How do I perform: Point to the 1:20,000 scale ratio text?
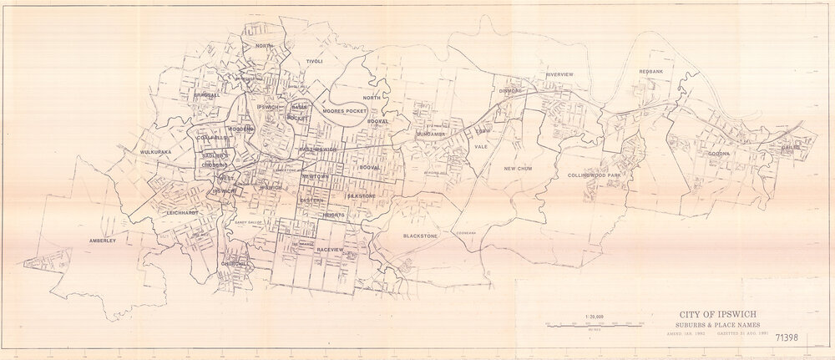point(595,316)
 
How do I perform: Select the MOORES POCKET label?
point(344,110)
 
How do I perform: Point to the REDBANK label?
point(651,72)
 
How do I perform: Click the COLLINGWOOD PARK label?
point(594,175)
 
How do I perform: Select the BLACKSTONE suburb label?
point(420,236)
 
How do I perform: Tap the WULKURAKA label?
point(155,153)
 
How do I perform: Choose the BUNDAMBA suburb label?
point(433,133)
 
